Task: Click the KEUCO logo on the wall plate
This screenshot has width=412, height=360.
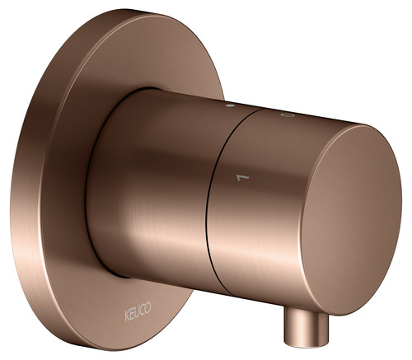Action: point(138,311)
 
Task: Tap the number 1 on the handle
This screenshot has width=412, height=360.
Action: point(243,178)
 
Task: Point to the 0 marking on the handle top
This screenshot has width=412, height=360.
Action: point(288,115)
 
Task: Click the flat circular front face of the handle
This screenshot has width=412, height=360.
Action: point(352,220)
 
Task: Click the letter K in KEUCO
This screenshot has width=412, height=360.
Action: point(127,316)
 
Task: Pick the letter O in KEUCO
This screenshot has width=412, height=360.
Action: point(147,307)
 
